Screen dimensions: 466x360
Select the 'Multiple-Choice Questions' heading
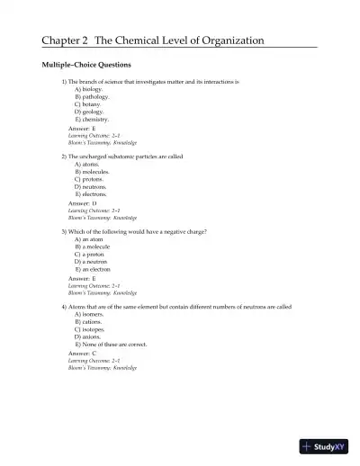point(87,65)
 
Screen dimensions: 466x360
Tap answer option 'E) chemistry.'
point(93,119)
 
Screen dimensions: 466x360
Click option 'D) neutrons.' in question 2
point(93,186)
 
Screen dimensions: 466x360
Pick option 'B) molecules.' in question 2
point(94,172)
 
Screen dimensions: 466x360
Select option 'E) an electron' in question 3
point(94,269)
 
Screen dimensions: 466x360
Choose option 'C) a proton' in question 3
point(90,254)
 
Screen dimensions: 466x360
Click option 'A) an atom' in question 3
point(89,239)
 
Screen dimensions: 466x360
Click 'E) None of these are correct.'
point(112,344)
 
